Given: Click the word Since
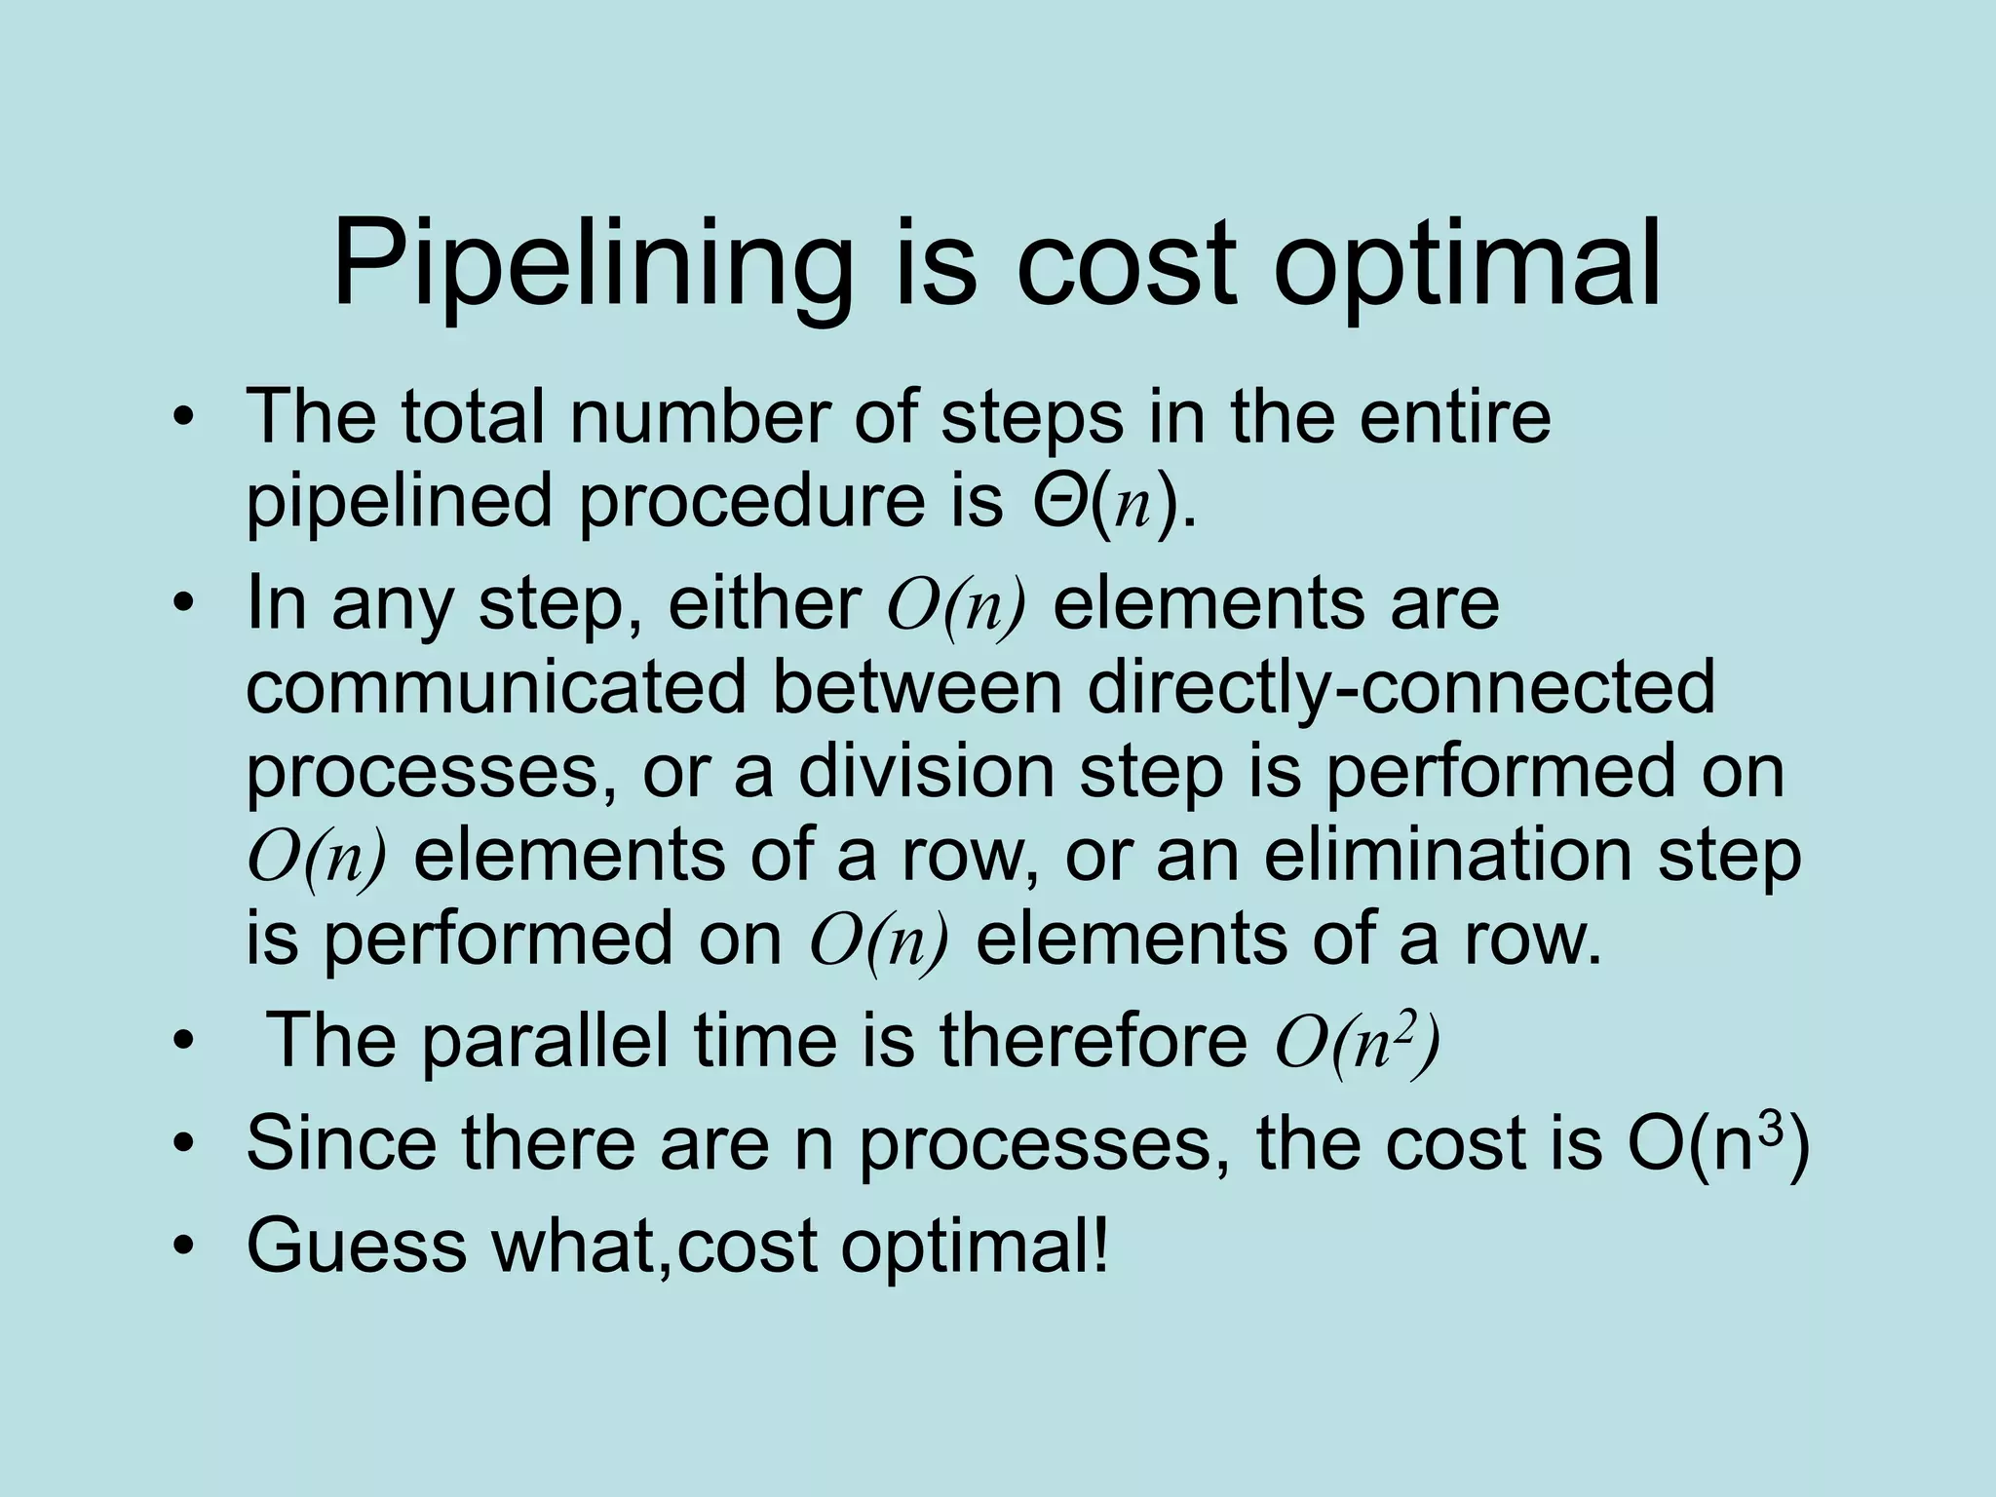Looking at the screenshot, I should [x=340, y=1143].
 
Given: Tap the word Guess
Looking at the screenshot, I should [x=356, y=1245].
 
